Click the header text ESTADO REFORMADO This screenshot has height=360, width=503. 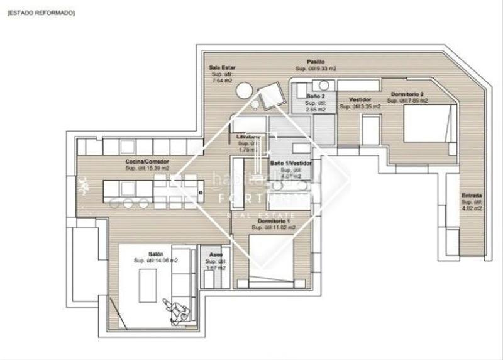(x=41, y=12)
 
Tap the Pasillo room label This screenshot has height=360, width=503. (x=316, y=62)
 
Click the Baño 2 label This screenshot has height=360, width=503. (x=315, y=96)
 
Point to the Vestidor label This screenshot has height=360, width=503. (x=359, y=99)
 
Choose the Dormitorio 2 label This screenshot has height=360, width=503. (x=407, y=94)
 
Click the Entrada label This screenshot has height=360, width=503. (x=471, y=194)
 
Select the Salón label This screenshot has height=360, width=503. (x=155, y=253)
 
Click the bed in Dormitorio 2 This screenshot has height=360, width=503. (x=428, y=123)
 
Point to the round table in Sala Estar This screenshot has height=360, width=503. (x=243, y=91)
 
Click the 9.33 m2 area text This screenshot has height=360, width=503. (x=321, y=69)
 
